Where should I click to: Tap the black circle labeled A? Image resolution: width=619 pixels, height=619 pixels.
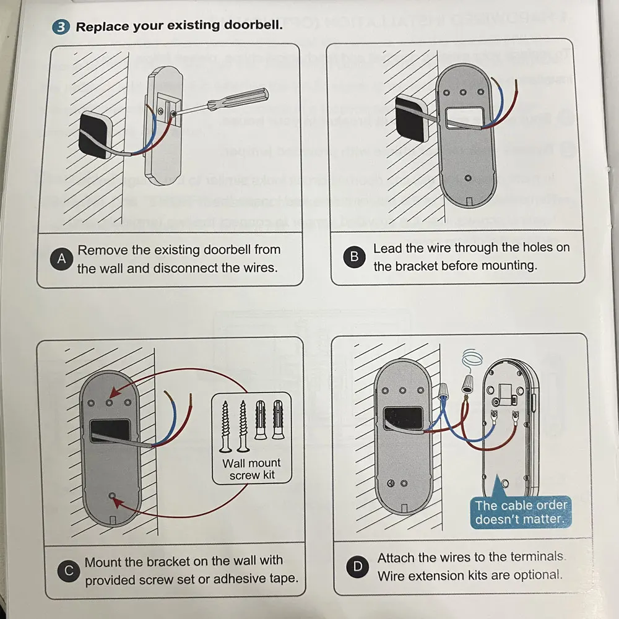(61, 259)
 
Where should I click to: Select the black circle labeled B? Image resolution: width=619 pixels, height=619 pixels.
(354, 257)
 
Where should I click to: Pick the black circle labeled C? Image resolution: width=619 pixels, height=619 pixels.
(69, 571)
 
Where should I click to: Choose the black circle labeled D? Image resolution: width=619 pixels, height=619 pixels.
(358, 566)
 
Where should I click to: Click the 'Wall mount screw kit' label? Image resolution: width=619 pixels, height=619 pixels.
(251, 469)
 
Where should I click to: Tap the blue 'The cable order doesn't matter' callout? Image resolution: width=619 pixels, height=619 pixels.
(521, 513)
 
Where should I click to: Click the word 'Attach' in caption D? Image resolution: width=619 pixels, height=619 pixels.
(397, 558)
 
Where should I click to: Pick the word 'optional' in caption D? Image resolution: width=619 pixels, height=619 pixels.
(537, 574)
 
